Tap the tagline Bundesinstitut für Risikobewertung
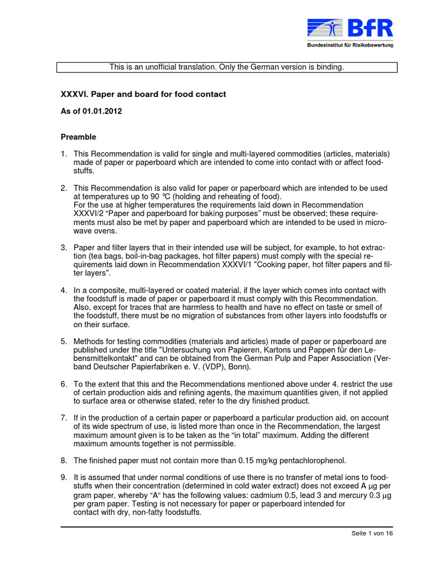350,45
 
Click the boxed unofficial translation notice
227,67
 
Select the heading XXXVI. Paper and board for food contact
143,94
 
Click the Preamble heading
77,137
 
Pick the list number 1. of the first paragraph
64,153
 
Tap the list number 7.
64,417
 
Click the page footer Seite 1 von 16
372,533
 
